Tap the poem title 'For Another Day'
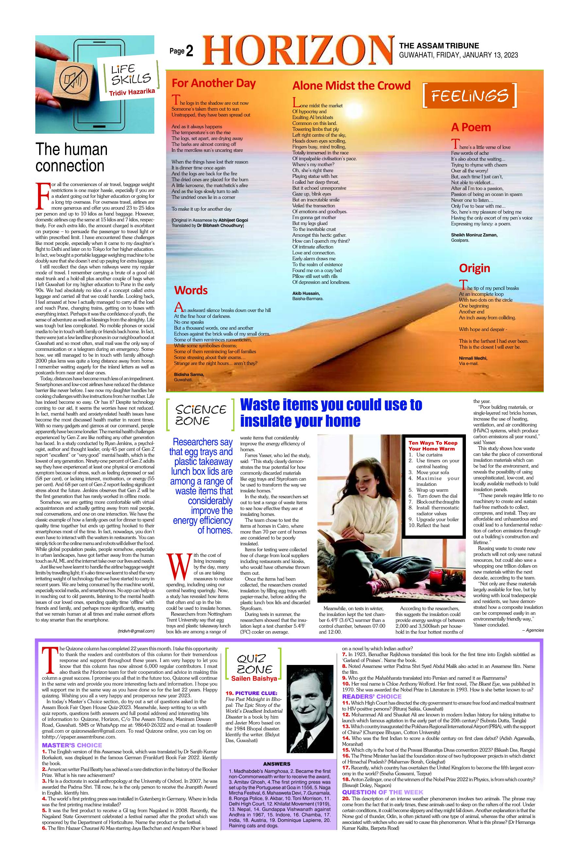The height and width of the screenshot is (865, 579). point(213,83)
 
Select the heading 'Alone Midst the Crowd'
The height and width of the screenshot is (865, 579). point(351,86)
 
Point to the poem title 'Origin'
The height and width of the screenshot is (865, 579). point(474,268)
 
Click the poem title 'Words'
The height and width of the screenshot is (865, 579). point(191,290)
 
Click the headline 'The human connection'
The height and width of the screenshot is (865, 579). point(72,158)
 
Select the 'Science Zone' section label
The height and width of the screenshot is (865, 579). point(201,415)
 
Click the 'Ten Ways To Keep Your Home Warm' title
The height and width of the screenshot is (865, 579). point(433,446)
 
